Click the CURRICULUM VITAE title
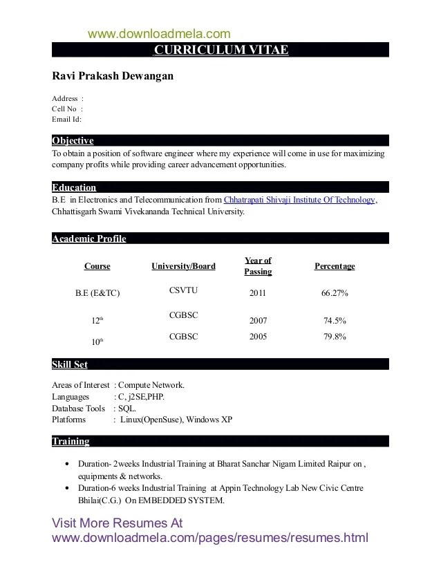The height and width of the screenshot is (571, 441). [220, 50]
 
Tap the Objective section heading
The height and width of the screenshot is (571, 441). [73, 140]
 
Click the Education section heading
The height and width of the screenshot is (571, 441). [74, 187]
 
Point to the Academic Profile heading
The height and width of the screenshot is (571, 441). [89, 239]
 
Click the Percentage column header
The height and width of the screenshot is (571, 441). [335, 266]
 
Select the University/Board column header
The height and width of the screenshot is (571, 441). [183, 266]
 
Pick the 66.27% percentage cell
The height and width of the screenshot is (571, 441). [335, 293]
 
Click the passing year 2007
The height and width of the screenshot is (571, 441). [257, 321]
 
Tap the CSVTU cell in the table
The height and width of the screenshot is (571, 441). [183, 291]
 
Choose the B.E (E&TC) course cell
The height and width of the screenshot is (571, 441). [97, 293]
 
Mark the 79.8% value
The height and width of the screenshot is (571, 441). [335, 337]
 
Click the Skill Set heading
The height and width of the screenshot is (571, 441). [70, 364]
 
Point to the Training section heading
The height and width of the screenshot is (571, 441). [71, 441]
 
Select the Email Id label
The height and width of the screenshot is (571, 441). [67, 119]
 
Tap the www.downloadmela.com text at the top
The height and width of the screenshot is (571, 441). [159, 33]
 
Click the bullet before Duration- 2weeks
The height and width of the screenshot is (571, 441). [66, 465]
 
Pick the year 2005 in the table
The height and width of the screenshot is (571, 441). [257, 337]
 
